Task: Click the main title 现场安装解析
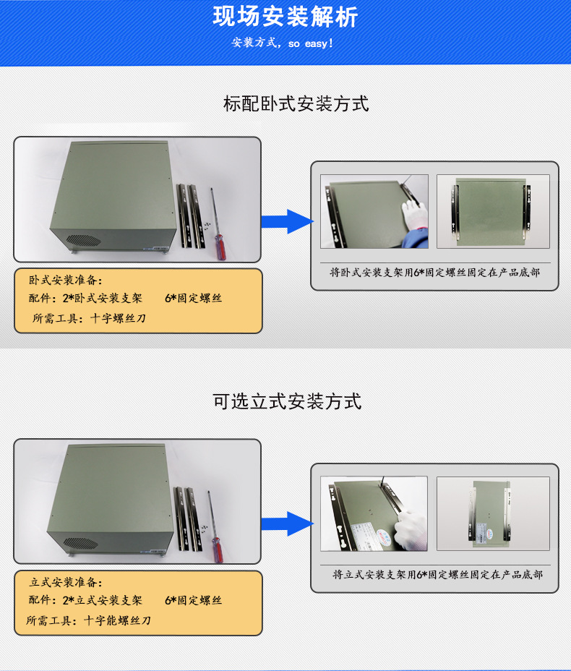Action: point(285,17)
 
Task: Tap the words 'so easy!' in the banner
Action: point(311,43)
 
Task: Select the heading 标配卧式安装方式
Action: point(296,104)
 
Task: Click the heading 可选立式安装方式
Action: point(287,401)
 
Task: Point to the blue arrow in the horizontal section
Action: point(287,222)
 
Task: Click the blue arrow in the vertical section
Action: point(287,523)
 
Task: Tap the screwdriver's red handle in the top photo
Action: point(220,247)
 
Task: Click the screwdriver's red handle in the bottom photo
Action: point(217,550)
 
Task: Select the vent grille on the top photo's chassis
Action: point(84,240)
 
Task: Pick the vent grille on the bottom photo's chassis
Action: point(81,543)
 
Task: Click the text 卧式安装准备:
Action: point(66,281)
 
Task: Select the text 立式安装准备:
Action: point(66,582)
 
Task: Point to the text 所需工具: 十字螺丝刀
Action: point(89,318)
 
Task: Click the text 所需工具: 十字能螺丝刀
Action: point(88,620)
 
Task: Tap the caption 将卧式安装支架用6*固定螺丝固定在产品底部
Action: point(434,273)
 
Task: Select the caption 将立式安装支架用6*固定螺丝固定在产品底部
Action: point(437,574)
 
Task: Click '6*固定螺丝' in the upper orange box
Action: point(193,299)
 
